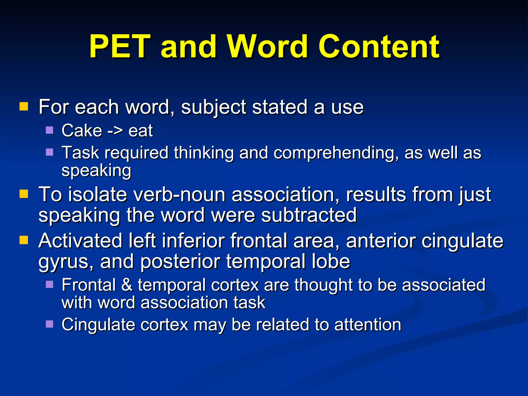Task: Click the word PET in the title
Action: pyautogui.click(x=120, y=47)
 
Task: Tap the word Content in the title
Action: pyautogui.click(x=379, y=47)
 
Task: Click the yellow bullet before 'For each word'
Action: pyautogui.click(x=24, y=106)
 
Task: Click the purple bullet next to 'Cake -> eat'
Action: pyautogui.click(x=49, y=130)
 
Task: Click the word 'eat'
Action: pyautogui.click(x=141, y=131)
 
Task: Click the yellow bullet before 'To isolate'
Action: pyautogui.click(x=24, y=194)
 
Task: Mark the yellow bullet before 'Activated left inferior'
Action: pyautogui.click(x=24, y=240)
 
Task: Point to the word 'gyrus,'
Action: pyautogui.click(x=66, y=262)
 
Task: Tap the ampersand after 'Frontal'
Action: pyautogui.click(x=127, y=285)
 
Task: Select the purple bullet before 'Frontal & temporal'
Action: pyautogui.click(x=49, y=284)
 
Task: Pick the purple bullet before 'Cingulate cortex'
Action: pyautogui.click(x=49, y=324)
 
